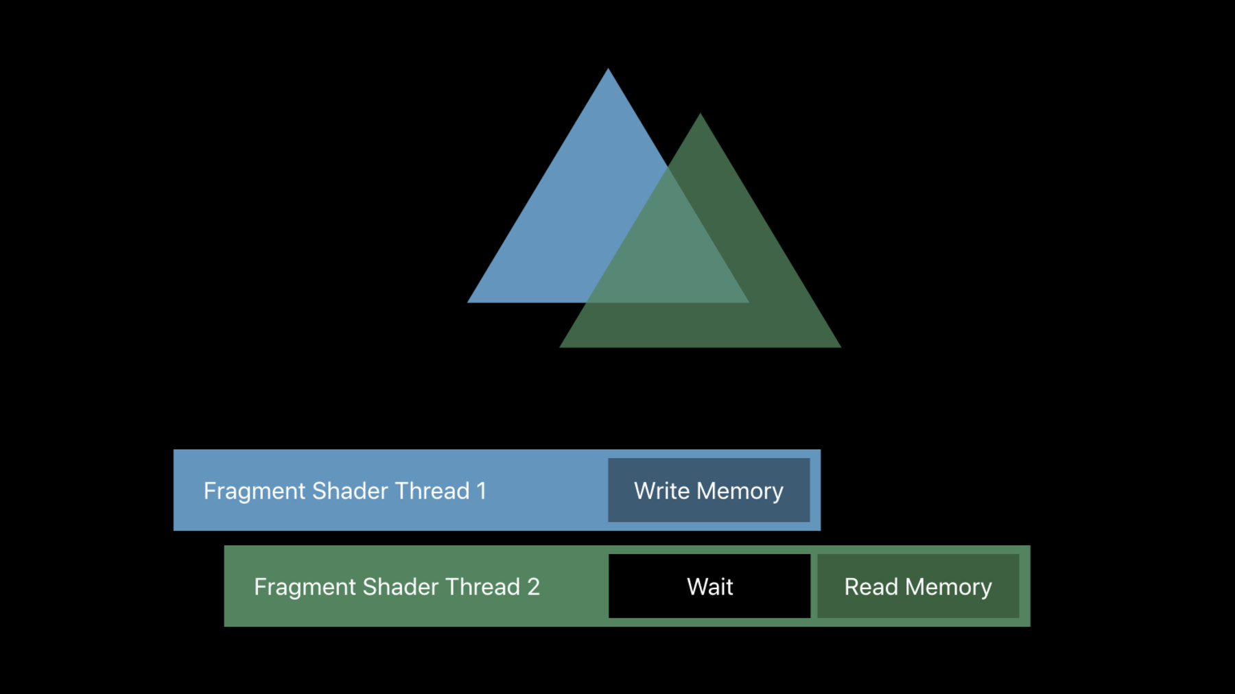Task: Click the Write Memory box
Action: [x=709, y=490]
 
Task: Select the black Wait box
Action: [x=709, y=586]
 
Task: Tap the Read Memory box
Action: [x=918, y=586]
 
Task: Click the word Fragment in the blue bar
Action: [x=255, y=492]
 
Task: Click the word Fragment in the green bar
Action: [x=305, y=588]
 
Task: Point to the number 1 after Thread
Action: [x=482, y=491]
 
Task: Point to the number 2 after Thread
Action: [x=533, y=587]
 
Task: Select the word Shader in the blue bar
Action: [x=350, y=491]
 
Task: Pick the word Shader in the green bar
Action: [x=400, y=587]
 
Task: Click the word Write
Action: [x=661, y=491]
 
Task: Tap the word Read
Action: [x=871, y=587]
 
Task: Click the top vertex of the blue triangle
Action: [x=608, y=69]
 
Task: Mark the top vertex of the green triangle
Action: [x=700, y=114]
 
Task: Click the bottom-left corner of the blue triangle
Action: [x=468, y=302]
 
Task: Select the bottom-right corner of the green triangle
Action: [x=840, y=347]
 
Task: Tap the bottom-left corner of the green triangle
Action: [x=561, y=347]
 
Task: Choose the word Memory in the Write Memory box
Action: [x=740, y=492]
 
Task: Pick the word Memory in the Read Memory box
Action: [x=948, y=588]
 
